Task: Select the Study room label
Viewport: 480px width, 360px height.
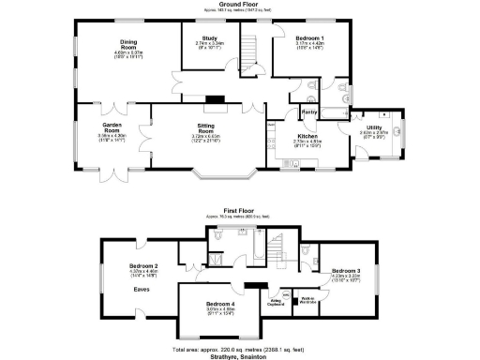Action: coord(209,38)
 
